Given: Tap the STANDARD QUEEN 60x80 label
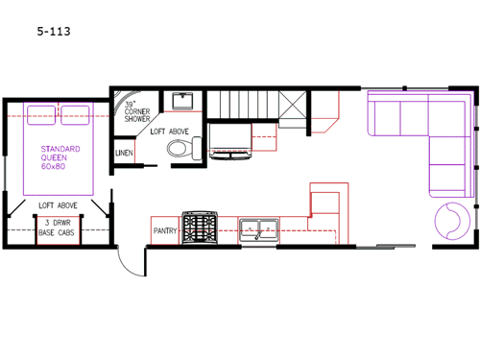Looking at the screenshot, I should point(60,156).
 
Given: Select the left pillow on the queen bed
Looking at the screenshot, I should point(42,112).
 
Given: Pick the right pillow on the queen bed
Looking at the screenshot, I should point(75,112).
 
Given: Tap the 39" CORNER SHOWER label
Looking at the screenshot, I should point(138,113).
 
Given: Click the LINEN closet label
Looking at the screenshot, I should point(124,153).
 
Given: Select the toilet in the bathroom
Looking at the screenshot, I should point(180,148).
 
